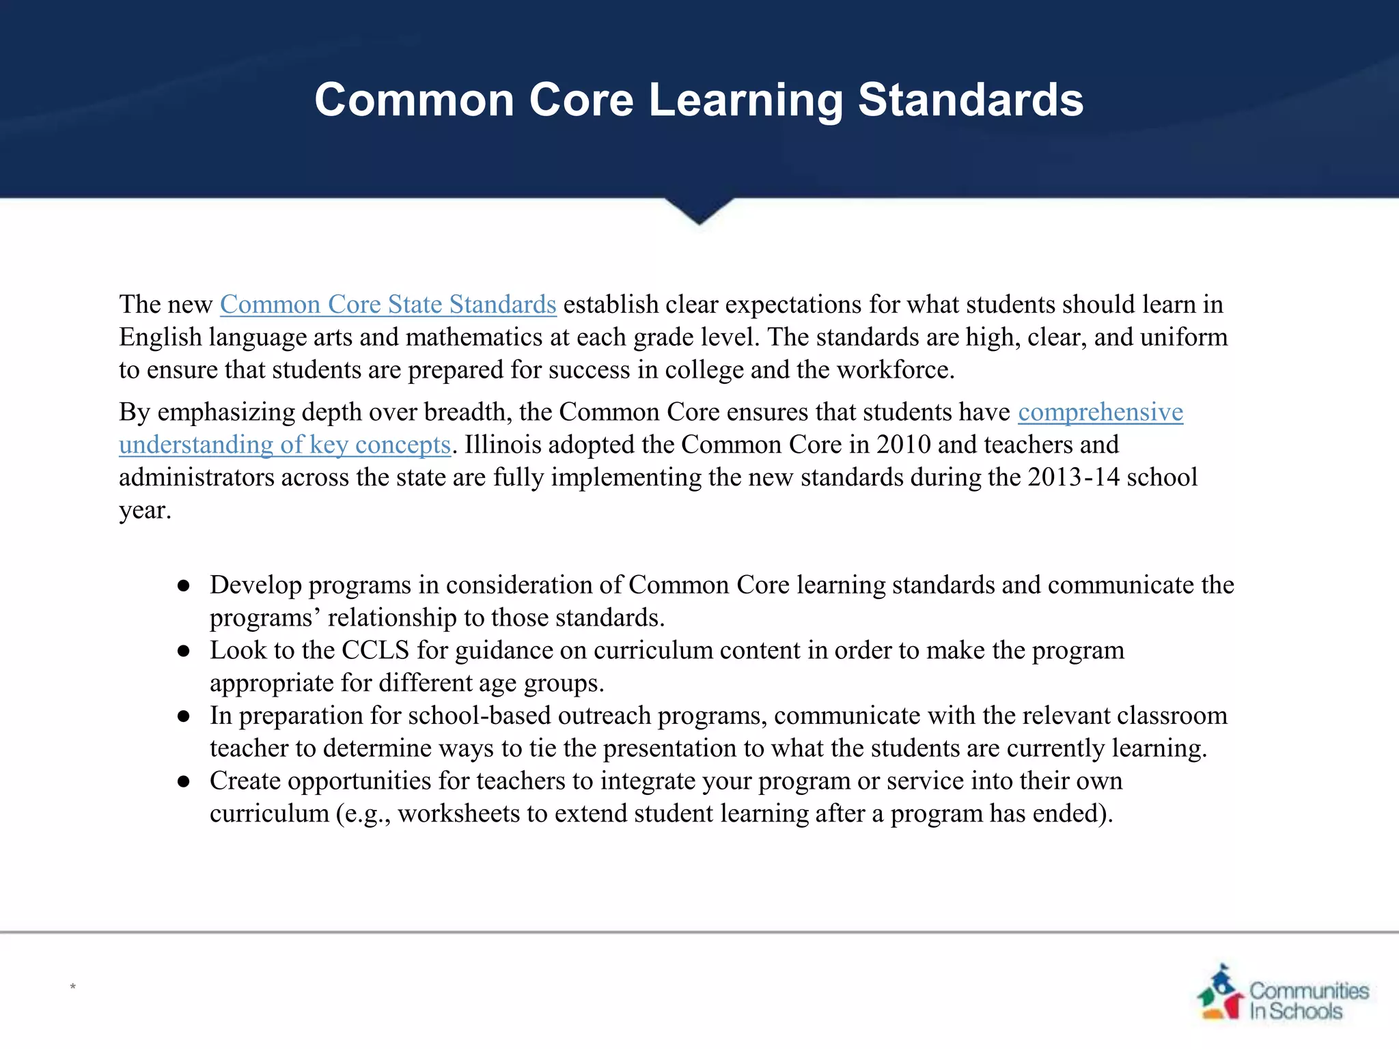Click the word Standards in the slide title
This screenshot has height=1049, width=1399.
coord(970,100)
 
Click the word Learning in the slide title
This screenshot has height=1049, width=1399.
coord(745,100)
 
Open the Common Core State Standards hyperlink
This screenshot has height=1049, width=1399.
coord(388,305)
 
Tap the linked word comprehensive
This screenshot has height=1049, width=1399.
coord(1100,412)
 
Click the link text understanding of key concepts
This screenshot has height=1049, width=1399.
coord(285,445)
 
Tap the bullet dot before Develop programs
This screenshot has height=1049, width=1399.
coord(183,586)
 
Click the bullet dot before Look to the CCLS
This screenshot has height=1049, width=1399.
coord(183,652)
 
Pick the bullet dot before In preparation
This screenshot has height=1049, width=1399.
coord(183,716)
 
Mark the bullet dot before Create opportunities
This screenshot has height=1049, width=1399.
coord(183,782)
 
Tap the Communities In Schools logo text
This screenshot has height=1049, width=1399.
coord(1308,1001)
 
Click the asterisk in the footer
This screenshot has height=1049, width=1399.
coord(72,987)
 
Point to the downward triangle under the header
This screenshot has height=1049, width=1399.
coord(699,210)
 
